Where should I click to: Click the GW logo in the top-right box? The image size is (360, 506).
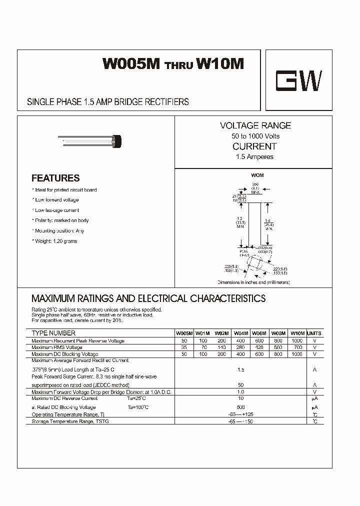(299, 80)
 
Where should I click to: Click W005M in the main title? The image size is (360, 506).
(131, 64)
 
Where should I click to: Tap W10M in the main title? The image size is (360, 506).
(220, 64)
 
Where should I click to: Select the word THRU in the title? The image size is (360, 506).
(178, 66)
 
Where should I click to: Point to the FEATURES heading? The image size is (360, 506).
(55, 178)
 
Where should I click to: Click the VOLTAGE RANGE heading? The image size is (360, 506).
(255, 125)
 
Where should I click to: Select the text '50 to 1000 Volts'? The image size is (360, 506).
(255, 136)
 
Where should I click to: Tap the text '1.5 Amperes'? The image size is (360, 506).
(255, 157)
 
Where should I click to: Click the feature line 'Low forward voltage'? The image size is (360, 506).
(56, 200)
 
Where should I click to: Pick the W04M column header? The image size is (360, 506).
(241, 333)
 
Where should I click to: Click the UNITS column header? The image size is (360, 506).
(314, 333)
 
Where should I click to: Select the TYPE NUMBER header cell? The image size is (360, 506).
(53, 333)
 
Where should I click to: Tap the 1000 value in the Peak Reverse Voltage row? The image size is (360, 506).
(297, 340)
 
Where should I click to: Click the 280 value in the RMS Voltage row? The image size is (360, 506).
(241, 347)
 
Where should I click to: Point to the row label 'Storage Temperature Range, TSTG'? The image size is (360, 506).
(70, 421)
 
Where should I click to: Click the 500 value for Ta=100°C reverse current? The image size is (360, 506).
(241, 407)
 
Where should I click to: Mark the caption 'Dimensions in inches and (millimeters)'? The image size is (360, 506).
(253, 282)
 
